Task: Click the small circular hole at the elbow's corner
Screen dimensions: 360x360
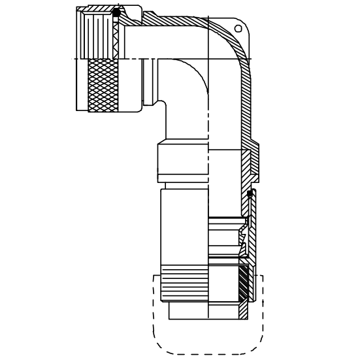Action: pos(238,29)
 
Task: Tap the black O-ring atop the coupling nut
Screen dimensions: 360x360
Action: pos(116,12)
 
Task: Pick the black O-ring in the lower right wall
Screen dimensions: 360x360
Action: pos(250,194)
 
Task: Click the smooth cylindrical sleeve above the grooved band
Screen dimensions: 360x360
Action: pos(184,229)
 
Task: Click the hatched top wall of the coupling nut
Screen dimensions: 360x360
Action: pos(98,9)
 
